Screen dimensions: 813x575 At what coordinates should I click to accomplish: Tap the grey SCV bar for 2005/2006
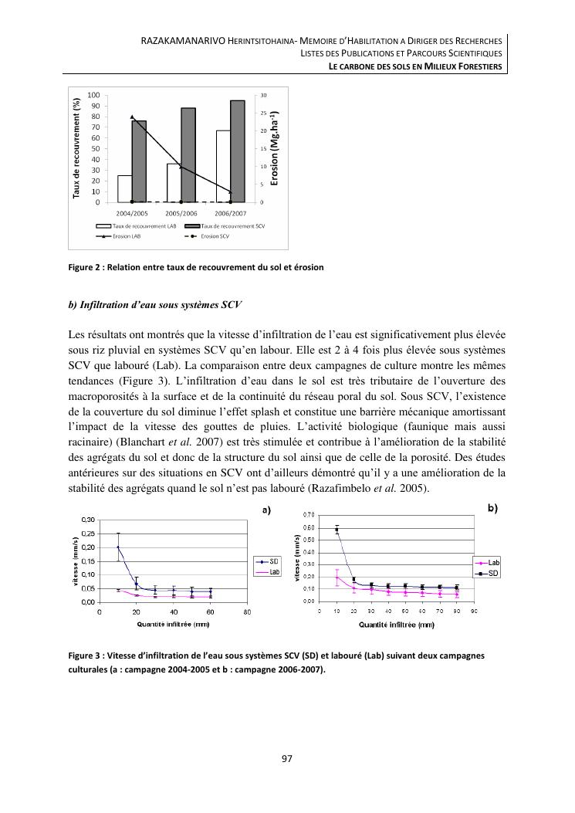tap(188, 154)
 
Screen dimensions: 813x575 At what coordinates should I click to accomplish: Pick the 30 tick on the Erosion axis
tap(264, 95)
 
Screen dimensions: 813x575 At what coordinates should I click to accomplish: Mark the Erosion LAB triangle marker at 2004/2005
tap(132, 117)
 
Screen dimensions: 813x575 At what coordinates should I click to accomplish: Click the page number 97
tap(287, 759)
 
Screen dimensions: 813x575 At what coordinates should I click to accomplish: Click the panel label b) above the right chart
tap(492, 508)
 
